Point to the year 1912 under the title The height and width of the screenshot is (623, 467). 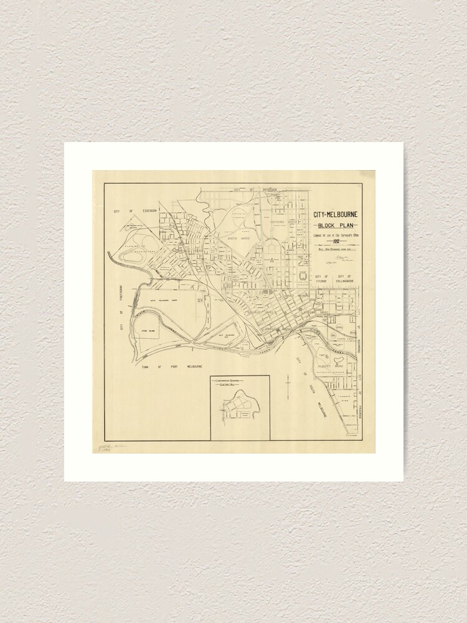pos(336,240)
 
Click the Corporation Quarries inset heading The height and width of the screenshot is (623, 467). pos(239,381)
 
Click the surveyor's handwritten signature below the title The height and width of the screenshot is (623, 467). pos(341,256)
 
